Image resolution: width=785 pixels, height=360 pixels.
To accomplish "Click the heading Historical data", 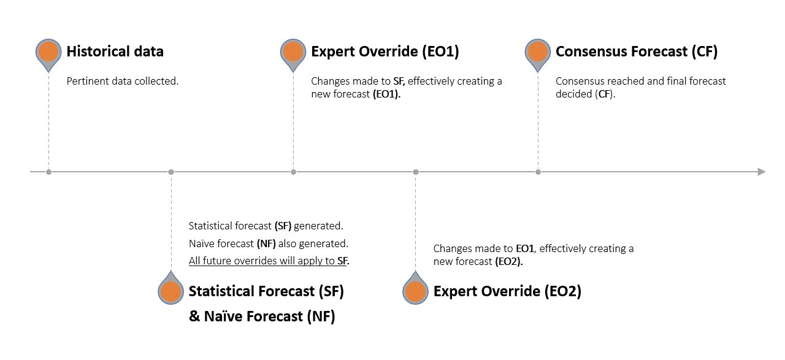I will click(115, 52).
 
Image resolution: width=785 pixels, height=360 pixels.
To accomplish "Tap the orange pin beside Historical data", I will click(48, 52).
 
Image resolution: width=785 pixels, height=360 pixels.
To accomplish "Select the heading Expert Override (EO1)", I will click(385, 52).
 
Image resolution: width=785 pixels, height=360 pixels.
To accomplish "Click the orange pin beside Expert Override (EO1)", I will click(293, 52).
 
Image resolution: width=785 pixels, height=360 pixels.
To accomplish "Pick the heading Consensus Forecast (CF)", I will click(636, 52).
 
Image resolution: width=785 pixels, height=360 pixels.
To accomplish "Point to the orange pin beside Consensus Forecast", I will click(538, 52).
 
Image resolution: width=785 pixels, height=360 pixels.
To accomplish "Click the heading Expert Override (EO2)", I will click(507, 291).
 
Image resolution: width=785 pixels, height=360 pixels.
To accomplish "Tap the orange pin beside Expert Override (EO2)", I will click(415, 292).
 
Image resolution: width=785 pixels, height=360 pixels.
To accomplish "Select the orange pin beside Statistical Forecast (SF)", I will click(170, 292).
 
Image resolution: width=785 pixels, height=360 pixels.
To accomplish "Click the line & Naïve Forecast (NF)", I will click(262, 316).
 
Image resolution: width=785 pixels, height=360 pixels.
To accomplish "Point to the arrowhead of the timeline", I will click(762, 172).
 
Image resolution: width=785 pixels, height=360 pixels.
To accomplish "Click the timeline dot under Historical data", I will click(48, 172).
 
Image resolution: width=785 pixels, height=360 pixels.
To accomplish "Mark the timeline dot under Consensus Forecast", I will click(538, 172).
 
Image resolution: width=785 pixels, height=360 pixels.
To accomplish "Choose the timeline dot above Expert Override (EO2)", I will click(415, 172).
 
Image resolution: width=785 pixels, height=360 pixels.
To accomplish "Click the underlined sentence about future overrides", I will click(269, 261).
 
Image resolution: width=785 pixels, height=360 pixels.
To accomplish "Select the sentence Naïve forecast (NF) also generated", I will click(269, 243).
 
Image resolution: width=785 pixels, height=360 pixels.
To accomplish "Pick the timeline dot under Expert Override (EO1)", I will click(293, 172).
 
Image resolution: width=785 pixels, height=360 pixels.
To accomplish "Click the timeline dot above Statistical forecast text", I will click(171, 172).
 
